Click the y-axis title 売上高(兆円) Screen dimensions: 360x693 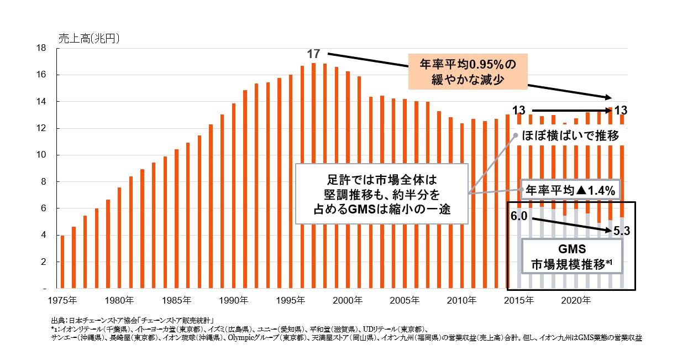89,39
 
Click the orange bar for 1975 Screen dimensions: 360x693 62,262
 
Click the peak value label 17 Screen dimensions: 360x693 313,54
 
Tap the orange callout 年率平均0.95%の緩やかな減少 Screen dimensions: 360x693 468,72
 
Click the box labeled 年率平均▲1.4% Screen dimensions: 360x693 570,191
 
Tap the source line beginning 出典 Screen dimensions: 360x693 133,320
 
